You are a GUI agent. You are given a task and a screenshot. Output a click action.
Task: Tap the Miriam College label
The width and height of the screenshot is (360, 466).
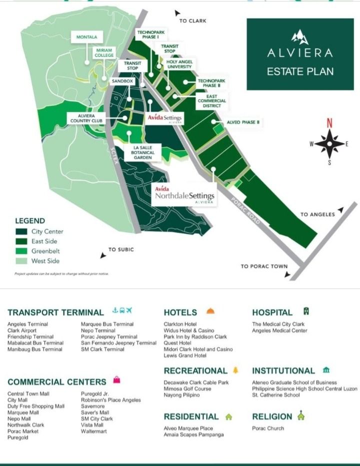tap(104, 53)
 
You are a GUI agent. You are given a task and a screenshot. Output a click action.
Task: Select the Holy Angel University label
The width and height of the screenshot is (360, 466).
tap(179, 64)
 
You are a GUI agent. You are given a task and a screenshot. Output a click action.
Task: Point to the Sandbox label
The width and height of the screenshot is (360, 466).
tap(122, 81)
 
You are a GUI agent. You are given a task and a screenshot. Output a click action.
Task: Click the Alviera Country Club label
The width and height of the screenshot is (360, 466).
tap(86, 118)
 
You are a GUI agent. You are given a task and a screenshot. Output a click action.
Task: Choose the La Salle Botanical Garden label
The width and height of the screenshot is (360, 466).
tap(142, 152)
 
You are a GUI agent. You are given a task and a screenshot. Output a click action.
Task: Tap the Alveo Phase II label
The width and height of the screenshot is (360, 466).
tap(244, 122)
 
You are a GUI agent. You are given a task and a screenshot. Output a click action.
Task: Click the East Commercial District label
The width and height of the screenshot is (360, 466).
tap(211, 100)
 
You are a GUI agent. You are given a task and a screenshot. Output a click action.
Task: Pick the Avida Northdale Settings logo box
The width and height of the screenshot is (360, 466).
tap(184, 195)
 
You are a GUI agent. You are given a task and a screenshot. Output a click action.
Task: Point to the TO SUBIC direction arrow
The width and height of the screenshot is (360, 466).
tap(103, 255)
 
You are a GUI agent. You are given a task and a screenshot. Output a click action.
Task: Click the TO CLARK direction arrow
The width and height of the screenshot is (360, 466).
tap(177, 13)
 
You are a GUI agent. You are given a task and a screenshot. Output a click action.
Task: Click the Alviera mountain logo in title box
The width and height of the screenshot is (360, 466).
tap(300, 36)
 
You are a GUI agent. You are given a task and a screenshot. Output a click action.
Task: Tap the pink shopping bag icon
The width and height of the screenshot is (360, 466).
tap(116, 380)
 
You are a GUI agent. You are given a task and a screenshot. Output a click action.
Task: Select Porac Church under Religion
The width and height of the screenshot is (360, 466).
tap(267, 428)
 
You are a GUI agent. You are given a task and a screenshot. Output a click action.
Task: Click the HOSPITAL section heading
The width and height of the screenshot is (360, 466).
tap(272, 312)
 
